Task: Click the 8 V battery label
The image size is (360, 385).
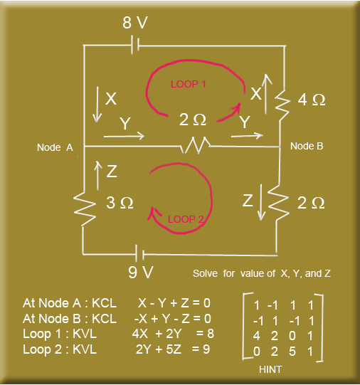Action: [x=135, y=23]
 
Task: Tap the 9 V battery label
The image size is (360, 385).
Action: [x=141, y=272]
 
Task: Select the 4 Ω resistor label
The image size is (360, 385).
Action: [x=312, y=100]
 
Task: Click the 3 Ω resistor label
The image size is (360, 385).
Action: [x=120, y=203]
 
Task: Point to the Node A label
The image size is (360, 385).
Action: [x=55, y=147]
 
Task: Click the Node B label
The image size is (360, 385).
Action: [x=307, y=146]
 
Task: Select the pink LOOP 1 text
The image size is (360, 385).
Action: [x=189, y=84]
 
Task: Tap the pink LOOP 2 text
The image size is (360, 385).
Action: [x=186, y=219]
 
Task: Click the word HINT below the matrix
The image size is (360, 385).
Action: [x=270, y=369]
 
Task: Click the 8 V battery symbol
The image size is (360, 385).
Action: [x=135, y=45]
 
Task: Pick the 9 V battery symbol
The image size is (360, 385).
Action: [x=139, y=254]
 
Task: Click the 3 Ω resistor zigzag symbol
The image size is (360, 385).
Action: [x=84, y=209]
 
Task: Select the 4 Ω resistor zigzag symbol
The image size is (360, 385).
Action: [x=282, y=105]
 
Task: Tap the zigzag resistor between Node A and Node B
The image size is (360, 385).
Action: [x=196, y=145]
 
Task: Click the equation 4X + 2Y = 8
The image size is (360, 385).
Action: [x=173, y=334]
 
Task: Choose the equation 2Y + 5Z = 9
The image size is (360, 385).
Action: [x=173, y=349]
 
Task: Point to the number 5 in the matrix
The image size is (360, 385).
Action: [x=292, y=352]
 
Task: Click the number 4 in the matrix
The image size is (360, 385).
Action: [x=256, y=336]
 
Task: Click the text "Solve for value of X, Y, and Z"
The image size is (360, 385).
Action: [x=262, y=273]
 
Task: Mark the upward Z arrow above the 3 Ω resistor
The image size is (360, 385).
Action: [x=98, y=175]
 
